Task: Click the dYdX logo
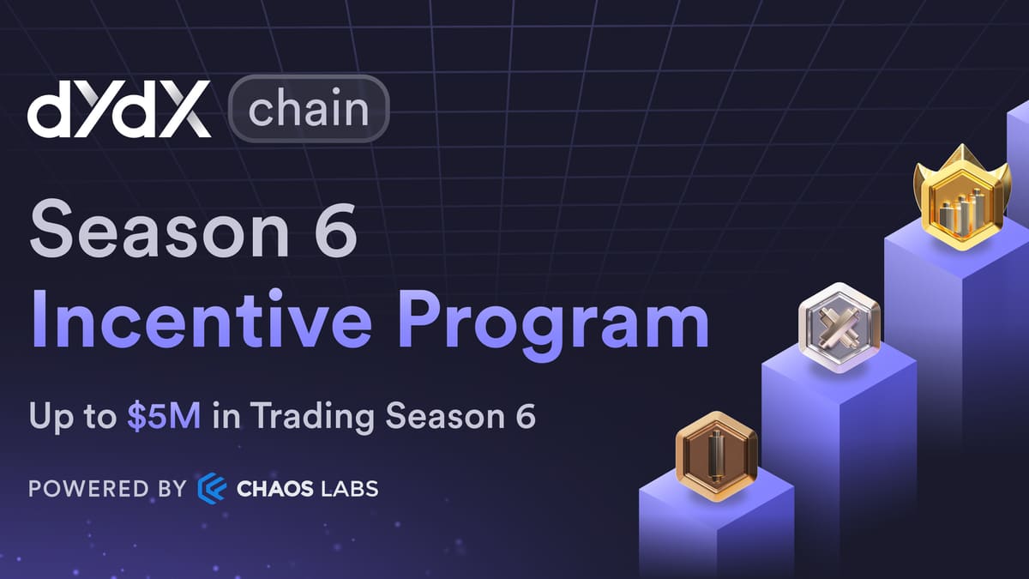119,110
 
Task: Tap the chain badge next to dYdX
309,109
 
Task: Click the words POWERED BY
107,489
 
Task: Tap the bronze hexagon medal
716,455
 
